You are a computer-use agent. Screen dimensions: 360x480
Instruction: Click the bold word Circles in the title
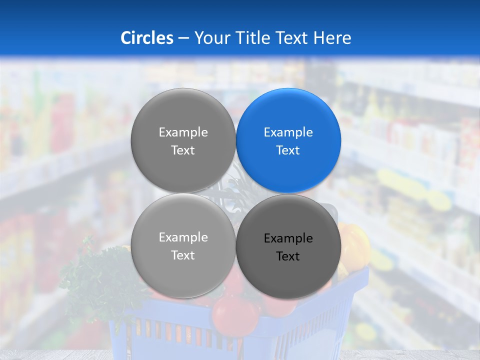coord(146,38)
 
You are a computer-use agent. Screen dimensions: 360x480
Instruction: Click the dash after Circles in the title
coord(183,38)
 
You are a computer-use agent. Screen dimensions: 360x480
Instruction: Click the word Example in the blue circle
coord(288,132)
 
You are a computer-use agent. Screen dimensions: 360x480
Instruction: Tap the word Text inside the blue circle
coord(288,150)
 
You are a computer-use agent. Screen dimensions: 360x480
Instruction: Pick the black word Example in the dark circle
coord(288,238)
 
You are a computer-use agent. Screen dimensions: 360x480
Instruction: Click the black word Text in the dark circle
coord(288,256)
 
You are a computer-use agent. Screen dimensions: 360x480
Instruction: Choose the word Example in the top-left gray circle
coord(183,132)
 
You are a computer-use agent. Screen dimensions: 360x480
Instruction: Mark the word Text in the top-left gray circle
coord(183,150)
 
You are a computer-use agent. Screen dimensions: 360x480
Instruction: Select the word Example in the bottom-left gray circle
coord(183,237)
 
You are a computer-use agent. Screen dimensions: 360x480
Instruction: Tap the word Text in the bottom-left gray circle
coord(183,255)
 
